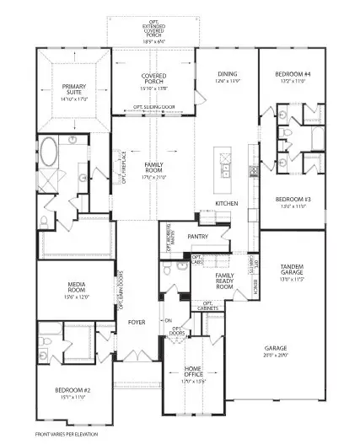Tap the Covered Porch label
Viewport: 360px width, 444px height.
coord(153,80)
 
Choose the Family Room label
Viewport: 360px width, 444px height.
coord(153,169)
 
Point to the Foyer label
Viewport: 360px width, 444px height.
coord(137,322)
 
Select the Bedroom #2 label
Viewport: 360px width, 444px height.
coord(69,393)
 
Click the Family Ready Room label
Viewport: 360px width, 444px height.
coord(224,281)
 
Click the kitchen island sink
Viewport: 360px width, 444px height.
coord(226,171)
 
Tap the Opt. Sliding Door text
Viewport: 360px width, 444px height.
coord(153,108)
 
